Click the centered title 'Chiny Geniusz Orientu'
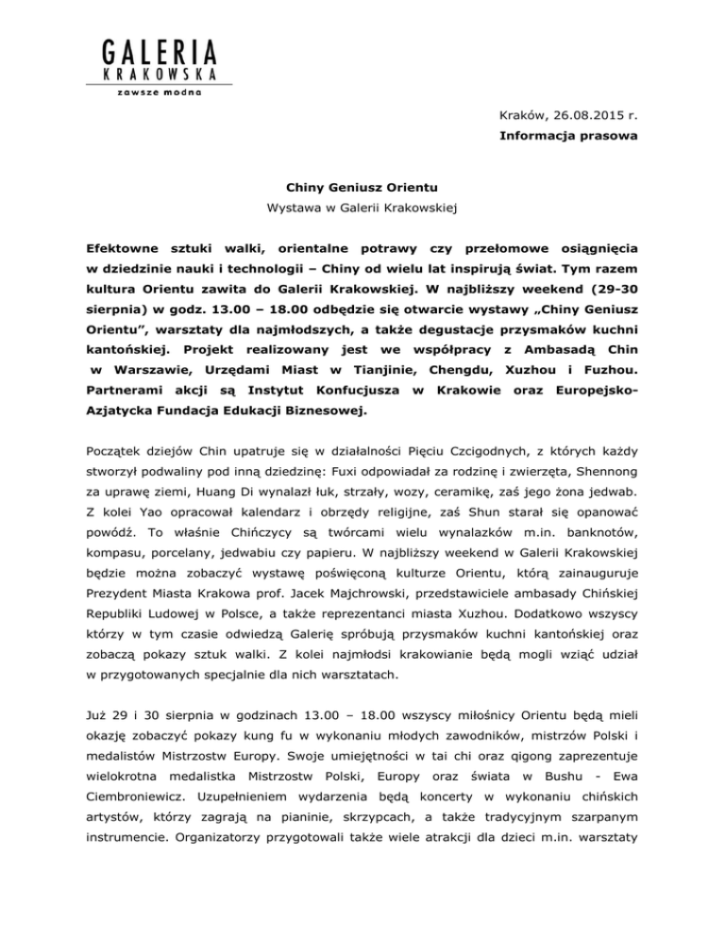pyautogui.click(x=362, y=187)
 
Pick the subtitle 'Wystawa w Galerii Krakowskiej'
pyautogui.click(x=362, y=209)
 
